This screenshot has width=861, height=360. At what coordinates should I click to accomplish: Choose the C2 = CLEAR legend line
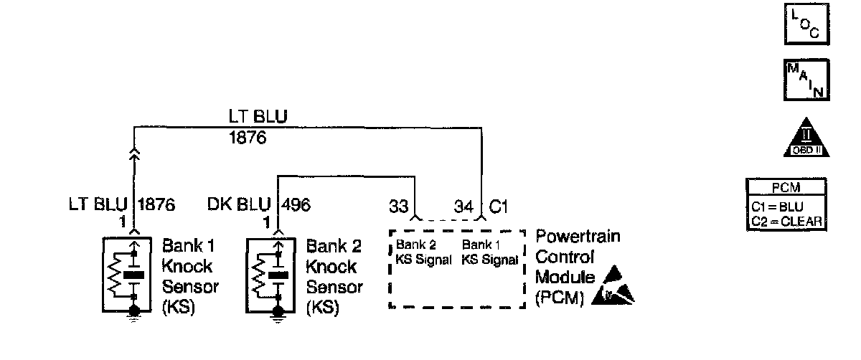click(784, 220)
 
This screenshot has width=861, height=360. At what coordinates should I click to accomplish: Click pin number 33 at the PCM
click(399, 207)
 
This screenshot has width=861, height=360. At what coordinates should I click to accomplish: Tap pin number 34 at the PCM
click(464, 207)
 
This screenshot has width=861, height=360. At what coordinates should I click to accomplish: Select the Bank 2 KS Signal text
click(423, 252)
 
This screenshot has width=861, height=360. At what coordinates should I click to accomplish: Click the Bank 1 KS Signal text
click(490, 252)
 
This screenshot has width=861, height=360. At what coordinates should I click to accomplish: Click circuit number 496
click(297, 205)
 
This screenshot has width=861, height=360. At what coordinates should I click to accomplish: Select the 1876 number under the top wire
click(248, 138)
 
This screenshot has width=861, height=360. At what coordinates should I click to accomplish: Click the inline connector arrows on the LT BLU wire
click(134, 156)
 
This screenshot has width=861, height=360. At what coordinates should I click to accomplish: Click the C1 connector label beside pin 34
click(499, 207)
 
